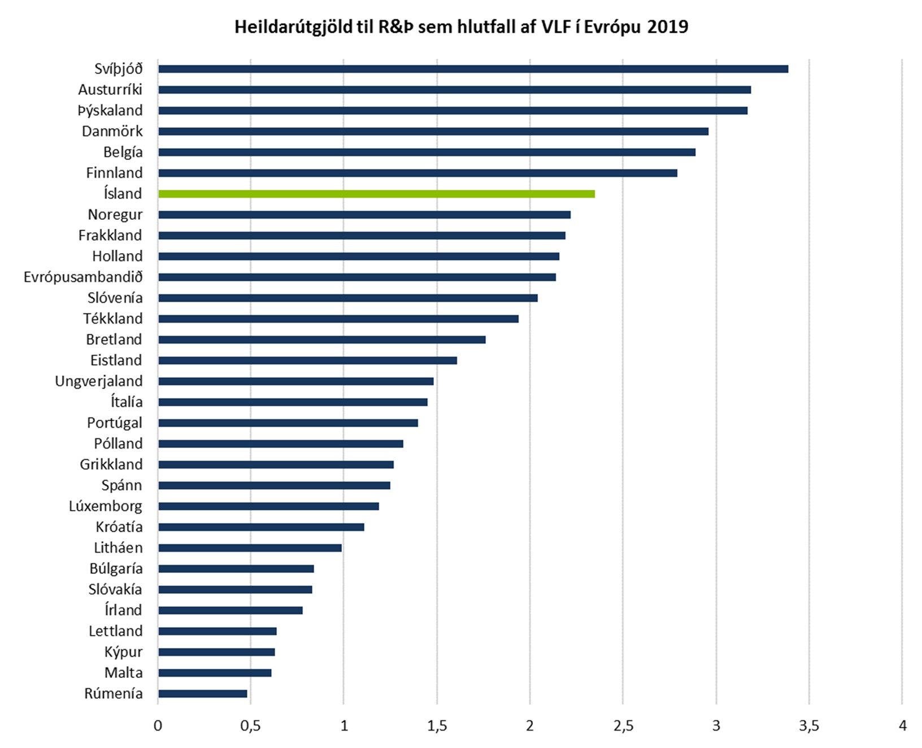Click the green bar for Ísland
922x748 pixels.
(x=376, y=194)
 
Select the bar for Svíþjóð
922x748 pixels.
(x=473, y=69)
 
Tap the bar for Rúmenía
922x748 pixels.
(x=203, y=694)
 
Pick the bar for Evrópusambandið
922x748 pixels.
(x=357, y=277)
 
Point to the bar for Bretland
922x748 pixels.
(x=322, y=340)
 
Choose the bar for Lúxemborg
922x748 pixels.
(x=268, y=506)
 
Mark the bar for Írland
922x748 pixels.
(x=230, y=610)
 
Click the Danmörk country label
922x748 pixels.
(x=112, y=132)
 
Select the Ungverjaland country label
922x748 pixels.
(x=98, y=381)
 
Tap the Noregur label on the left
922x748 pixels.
(x=115, y=215)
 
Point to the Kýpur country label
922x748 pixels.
(x=123, y=652)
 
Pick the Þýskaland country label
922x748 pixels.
(x=110, y=111)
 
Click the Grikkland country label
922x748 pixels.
(x=111, y=464)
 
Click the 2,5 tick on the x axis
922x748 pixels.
(x=623, y=726)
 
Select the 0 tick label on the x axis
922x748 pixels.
(x=158, y=726)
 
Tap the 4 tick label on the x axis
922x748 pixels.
(x=902, y=726)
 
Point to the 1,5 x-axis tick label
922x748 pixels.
(x=437, y=726)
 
